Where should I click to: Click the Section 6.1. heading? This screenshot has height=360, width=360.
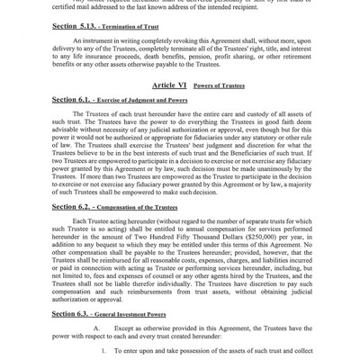click(x=75, y=99)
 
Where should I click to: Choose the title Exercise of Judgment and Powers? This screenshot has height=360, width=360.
click(x=148, y=100)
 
